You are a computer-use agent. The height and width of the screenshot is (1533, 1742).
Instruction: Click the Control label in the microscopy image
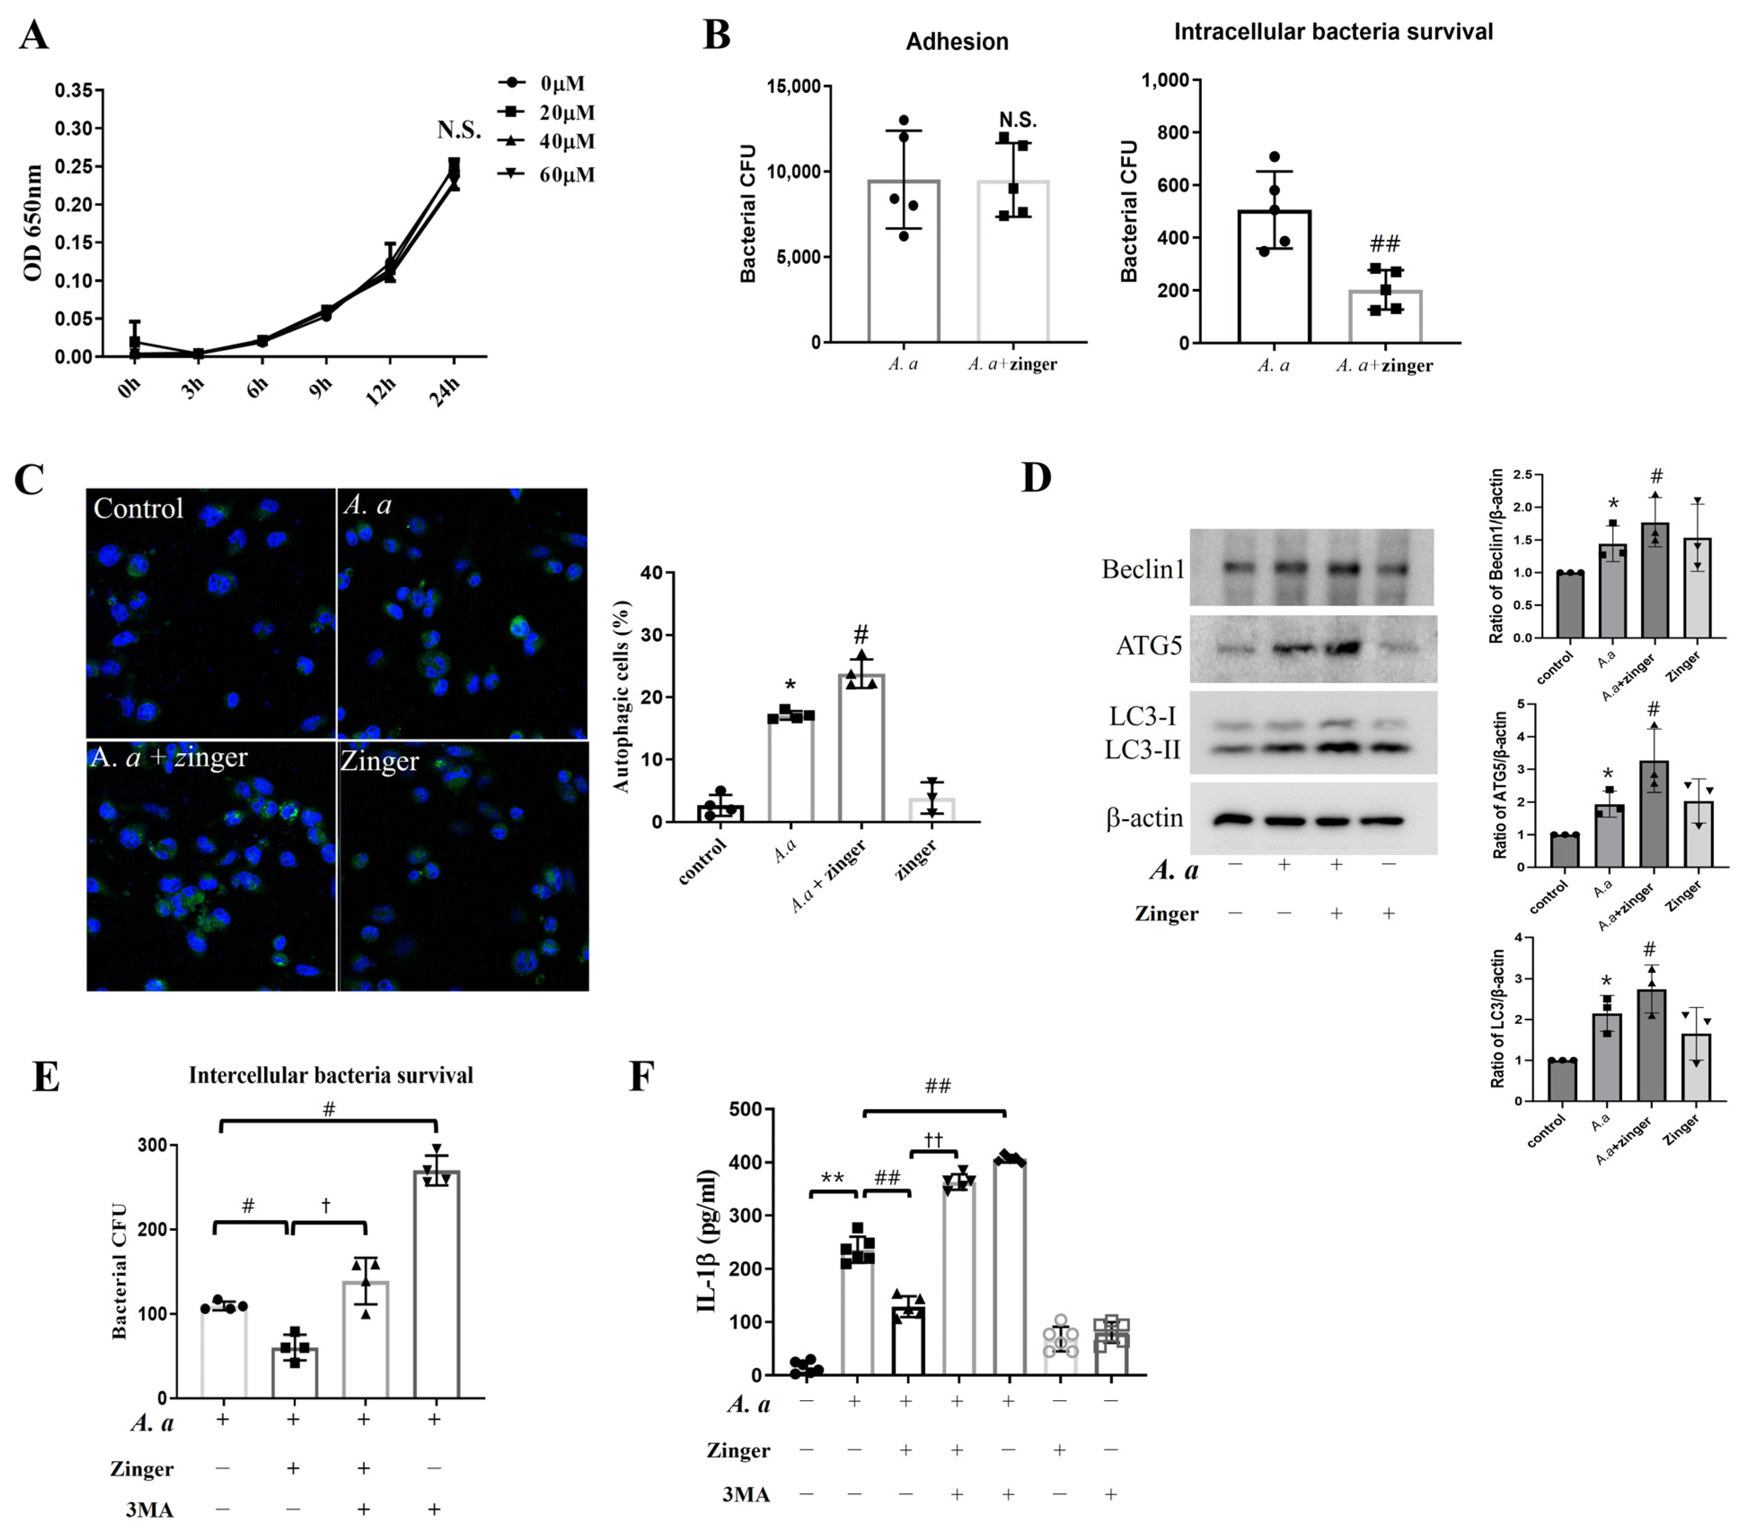(x=138, y=509)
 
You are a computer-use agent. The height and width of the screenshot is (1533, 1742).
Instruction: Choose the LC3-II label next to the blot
(x=1142, y=750)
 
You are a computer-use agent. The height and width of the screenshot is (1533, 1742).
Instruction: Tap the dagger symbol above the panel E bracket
(x=326, y=1206)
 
